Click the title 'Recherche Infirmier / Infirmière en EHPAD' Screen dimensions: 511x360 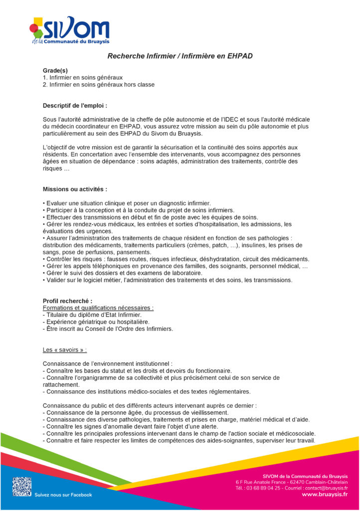click(x=180, y=56)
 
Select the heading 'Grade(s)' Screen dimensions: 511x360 click(x=55, y=70)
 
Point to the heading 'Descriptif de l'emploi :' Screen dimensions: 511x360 click(x=75, y=106)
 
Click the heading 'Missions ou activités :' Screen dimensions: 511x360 click(x=75, y=190)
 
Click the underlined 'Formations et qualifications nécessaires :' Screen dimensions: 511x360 click(x=98, y=308)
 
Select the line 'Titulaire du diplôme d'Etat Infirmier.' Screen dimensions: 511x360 click(x=93, y=315)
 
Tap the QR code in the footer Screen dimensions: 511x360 click(x=22, y=487)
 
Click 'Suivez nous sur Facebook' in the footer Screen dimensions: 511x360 click(x=63, y=495)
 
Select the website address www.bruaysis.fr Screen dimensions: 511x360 click(x=325, y=494)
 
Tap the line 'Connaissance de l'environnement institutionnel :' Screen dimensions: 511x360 click(x=108, y=364)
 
